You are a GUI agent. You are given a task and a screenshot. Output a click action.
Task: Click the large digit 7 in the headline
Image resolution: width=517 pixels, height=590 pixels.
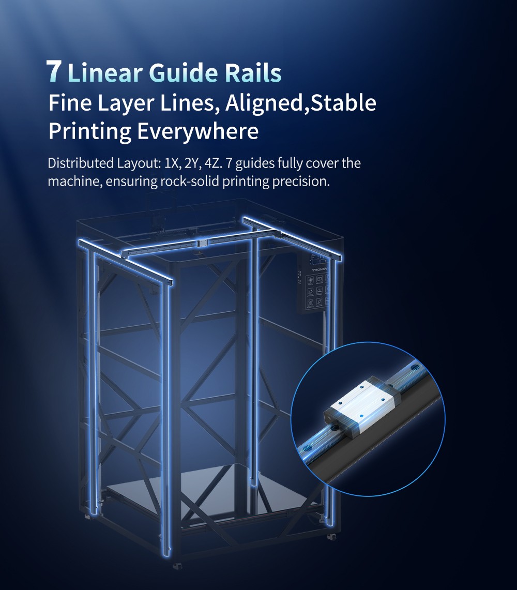(53, 71)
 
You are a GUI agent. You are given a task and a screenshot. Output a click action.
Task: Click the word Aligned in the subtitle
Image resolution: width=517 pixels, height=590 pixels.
(263, 103)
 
